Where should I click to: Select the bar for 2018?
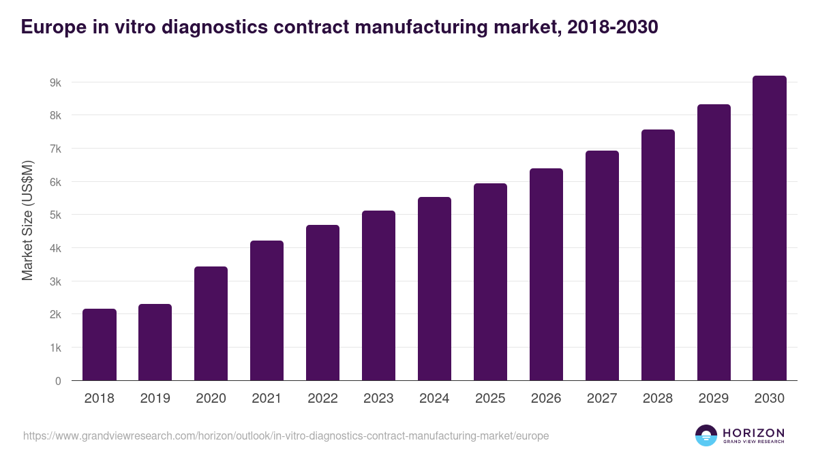[100, 345]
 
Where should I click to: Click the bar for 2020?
[211, 324]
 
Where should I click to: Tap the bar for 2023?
[378, 296]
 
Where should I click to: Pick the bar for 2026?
[546, 275]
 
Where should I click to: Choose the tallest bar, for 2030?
[770, 228]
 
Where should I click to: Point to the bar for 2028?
[658, 255]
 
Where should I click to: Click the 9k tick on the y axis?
[55, 82]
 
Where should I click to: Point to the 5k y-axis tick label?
[55, 215]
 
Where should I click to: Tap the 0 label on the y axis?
[58, 381]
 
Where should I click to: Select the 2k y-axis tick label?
[55, 315]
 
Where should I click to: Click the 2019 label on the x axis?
[155, 399]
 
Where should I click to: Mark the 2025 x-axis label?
[490, 399]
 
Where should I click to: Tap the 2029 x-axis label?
[714, 399]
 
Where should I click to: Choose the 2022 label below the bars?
[322, 399]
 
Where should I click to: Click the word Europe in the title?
[51, 27]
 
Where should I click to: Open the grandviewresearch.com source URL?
[286, 435]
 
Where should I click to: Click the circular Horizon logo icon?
[706, 435]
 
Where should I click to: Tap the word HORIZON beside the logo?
[753, 432]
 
